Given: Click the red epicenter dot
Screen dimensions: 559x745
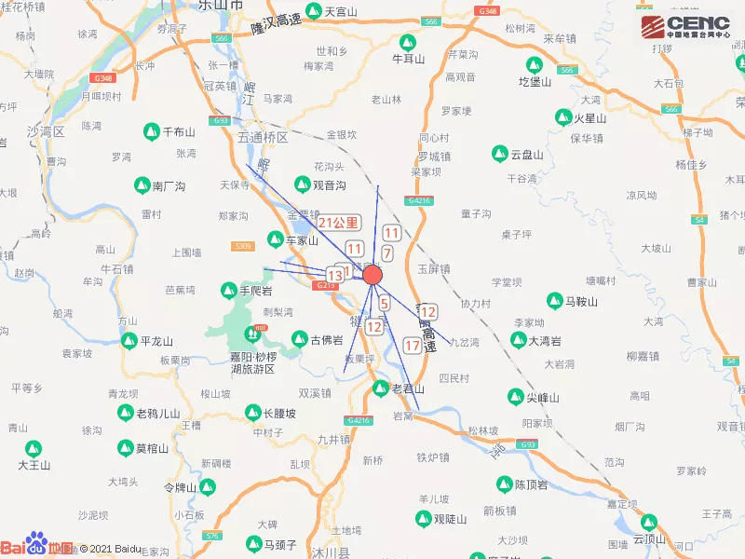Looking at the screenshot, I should pyautogui.click(x=372, y=275).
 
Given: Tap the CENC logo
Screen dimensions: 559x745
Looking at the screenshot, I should pyautogui.click(x=684, y=27).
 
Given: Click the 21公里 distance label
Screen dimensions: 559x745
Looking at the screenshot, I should pyautogui.click(x=338, y=222).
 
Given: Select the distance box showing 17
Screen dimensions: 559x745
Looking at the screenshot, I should pyautogui.click(x=413, y=346).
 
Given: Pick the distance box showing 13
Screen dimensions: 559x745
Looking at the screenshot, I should pyautogui.click(x=334, y=276).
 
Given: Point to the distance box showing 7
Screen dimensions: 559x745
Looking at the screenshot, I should pyautogui.click(x=387, y=252).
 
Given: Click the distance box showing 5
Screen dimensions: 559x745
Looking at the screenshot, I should pyautogui.click(x=384, y=303).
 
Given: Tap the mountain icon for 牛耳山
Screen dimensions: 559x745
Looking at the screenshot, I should pyautogui.click(x=408, y=42).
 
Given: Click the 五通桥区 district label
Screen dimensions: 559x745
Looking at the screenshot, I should pyautogui.click(x=264, y=137).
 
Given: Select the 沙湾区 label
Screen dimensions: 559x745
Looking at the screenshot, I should pyautogui.click(x=45, y=131).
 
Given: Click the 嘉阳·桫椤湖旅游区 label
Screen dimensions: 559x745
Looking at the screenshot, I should pyautogui.click(x=253, y=362).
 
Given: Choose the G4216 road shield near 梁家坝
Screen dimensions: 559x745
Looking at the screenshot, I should pyautogui.click(x=418, y=200).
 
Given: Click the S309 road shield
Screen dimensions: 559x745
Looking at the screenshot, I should pyautogui.click(x=243, y=246).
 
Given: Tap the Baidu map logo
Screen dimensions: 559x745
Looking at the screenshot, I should pyautogui.click(x=36, y=548).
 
